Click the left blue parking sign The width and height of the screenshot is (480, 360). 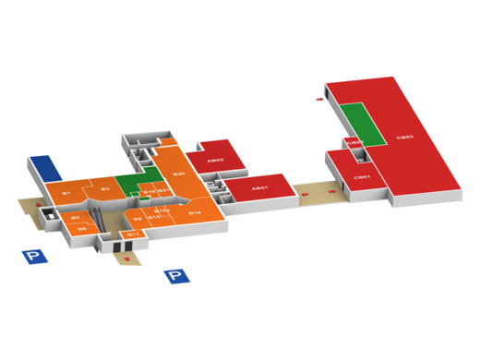coord(34,257)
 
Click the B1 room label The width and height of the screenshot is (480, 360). coord(66,193)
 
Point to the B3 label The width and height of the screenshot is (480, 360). coord(105,189)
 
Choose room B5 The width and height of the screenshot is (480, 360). coord(76,217)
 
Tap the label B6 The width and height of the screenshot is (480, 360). coord(81,227)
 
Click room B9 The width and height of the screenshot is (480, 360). coord(138,218)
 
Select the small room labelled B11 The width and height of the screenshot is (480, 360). coord(133,234)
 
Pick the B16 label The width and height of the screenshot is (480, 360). coord(195,212)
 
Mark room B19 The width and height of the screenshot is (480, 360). coord(149,191)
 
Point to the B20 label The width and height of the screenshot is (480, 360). coord(180,174)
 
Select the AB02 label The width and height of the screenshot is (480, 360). coord(215,160)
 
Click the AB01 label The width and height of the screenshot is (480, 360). coord(261,189)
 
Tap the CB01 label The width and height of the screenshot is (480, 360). coord(364,176)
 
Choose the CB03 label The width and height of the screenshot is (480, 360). coord(403,138)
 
